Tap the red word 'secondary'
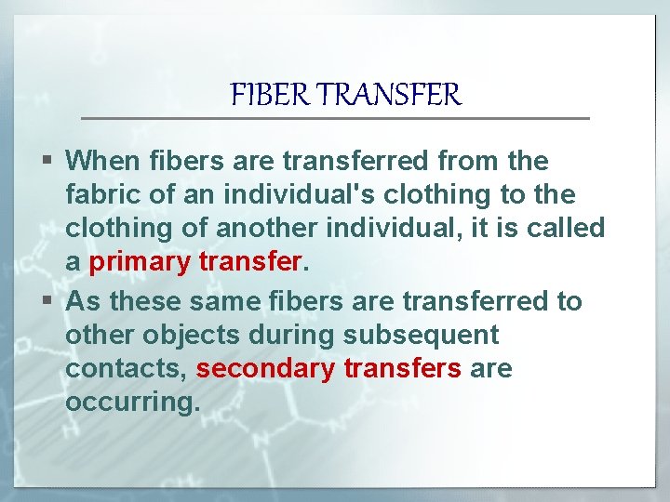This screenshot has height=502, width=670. click(265, 369)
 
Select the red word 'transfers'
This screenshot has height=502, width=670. click(402, 369)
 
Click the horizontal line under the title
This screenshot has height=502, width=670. click(335, 118)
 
